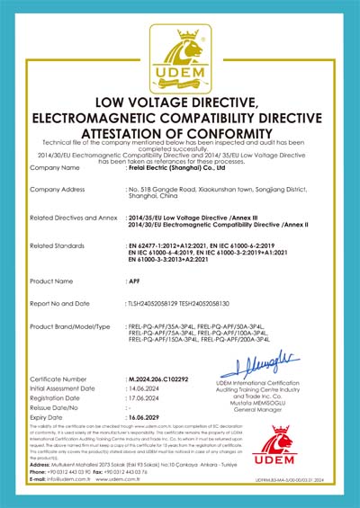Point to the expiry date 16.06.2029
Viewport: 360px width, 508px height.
(148, 418)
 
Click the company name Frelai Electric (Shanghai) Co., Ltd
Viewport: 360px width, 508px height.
(178, 167)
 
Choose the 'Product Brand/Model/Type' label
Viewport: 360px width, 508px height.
(70, 326)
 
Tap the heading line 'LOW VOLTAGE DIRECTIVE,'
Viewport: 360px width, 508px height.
(180, 102)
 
